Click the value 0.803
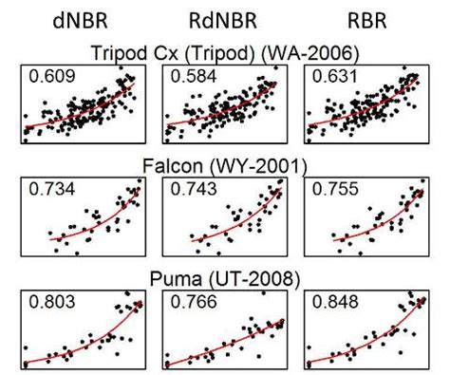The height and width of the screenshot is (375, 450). coord(50,307)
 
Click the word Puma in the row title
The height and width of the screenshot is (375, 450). coord(169,281)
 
